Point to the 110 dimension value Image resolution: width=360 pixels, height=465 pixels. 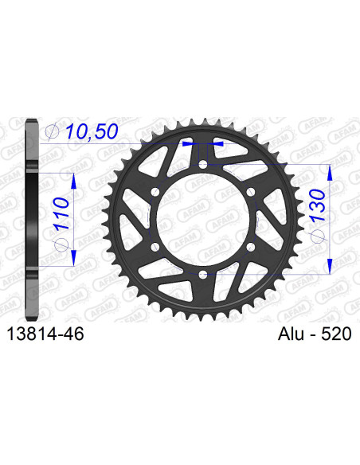point(65,216)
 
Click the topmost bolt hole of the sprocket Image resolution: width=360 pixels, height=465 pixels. point(203,165)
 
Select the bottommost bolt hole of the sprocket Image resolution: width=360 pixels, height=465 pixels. point(203,275)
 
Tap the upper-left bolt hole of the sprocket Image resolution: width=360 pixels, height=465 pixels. point(155,192)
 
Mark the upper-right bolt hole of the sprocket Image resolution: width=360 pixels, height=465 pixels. point(251,192)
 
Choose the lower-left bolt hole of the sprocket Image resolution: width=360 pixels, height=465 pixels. point(155,248)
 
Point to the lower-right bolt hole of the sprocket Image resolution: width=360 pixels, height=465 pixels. point(251,248)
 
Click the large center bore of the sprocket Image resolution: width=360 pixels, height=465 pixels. point(203,220)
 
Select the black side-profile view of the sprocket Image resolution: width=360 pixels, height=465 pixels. point(31,219)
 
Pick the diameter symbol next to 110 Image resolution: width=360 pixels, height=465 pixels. point(65,248)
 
